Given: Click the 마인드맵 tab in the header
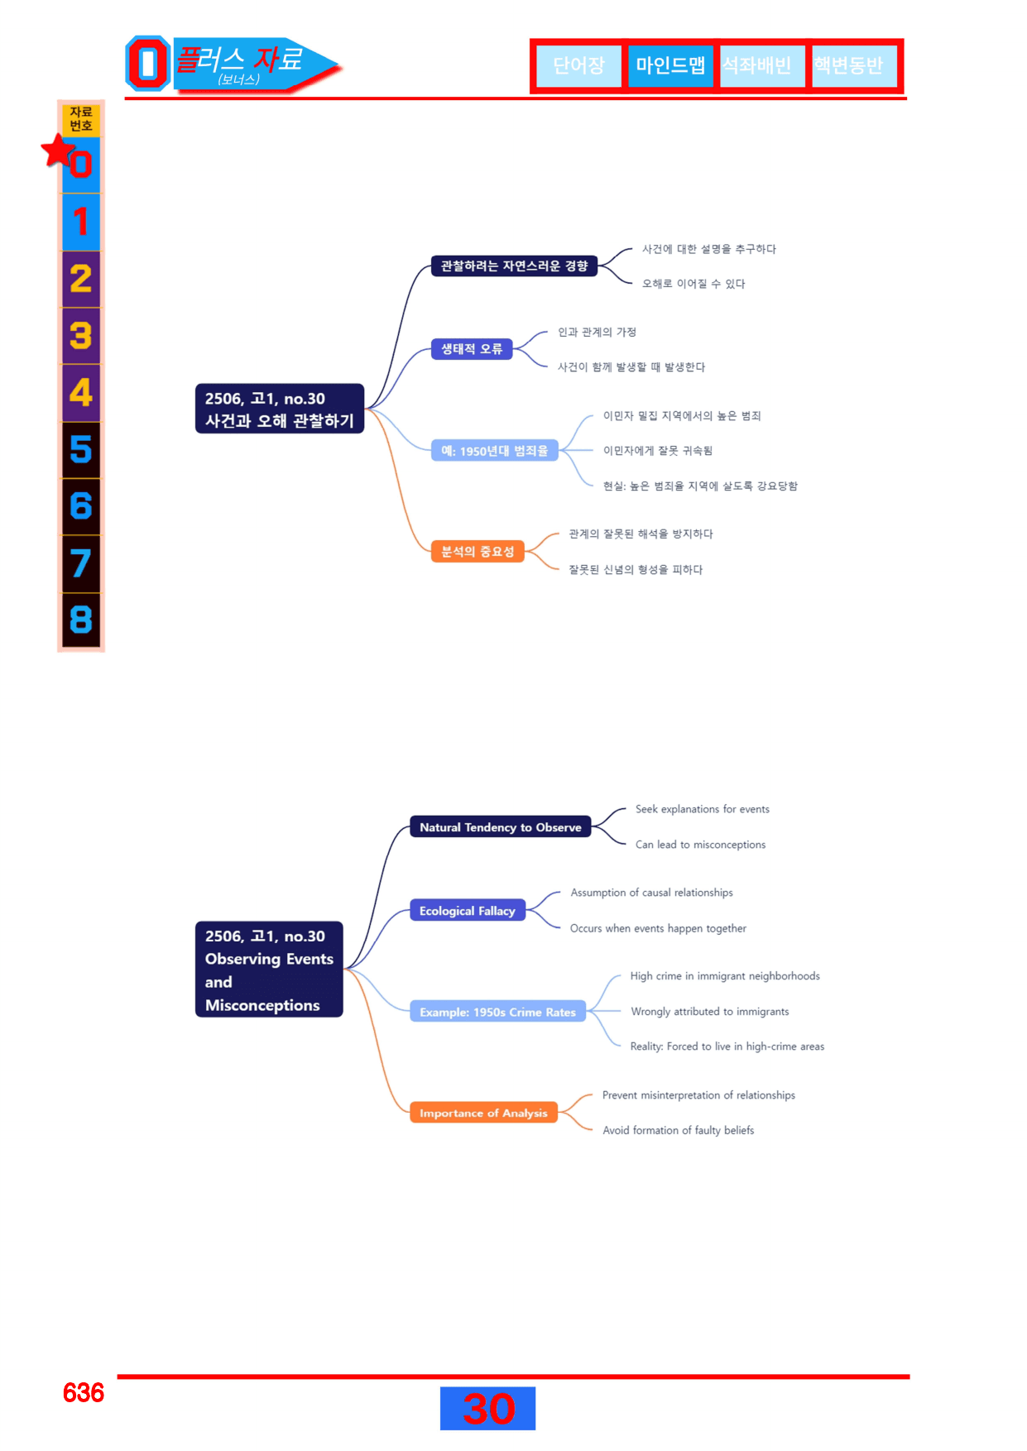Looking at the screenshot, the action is pos(670,65).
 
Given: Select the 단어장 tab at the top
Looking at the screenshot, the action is pos(578,65).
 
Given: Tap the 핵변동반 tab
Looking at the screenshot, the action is pos(850,65).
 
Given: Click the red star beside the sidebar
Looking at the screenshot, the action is pos(58,151).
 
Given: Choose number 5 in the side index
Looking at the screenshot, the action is pos(81,450).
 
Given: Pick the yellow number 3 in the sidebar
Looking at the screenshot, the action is pos(81,336).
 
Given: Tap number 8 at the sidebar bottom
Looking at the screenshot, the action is pos(81,620).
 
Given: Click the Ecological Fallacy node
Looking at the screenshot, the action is pos(468,911).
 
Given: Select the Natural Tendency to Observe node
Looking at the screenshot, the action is pos(501,827).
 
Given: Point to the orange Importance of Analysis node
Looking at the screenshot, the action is pos(483,1113).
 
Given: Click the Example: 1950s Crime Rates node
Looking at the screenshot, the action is pos(497,1012).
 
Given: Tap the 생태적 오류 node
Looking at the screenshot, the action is pos(472,349).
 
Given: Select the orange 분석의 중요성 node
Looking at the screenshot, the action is pos(478,551).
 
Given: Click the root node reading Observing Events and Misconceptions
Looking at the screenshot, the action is pos(269,970).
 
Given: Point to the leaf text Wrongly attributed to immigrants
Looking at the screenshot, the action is pos(710,1012).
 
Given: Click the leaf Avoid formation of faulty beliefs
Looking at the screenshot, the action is pos(679,1130).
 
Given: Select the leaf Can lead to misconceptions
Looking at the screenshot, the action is pos(700,845).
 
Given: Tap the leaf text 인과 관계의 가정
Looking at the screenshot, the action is pos(597,333).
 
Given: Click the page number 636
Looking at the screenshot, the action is pos(84,1393).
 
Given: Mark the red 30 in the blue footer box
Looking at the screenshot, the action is pos(488,1409).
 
